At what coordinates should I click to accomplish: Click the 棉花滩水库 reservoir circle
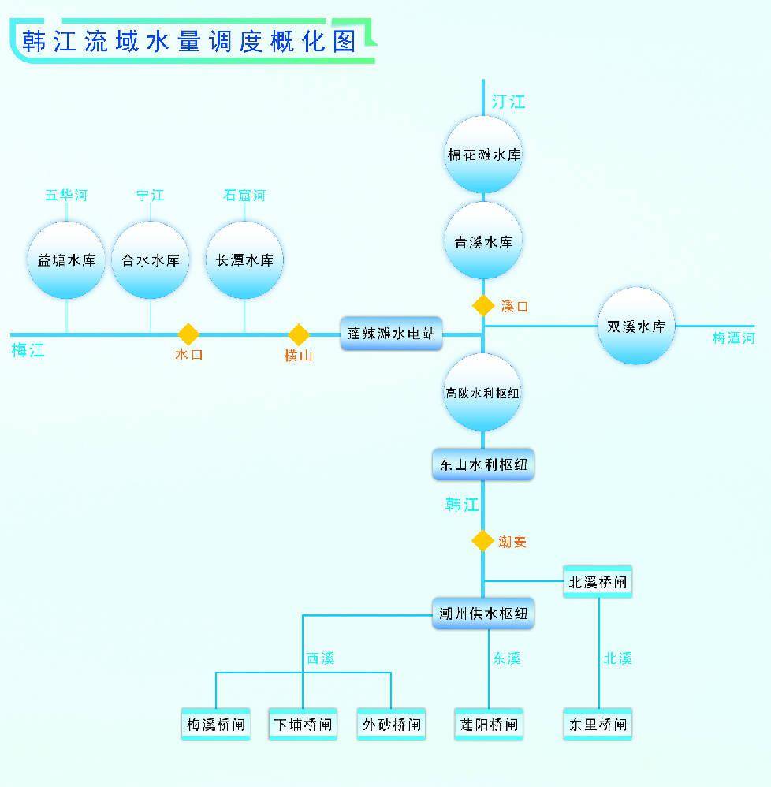click(483, 155)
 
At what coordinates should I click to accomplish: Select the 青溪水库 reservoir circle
click(483, 241)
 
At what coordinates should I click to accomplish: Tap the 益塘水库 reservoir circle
click(66, 259)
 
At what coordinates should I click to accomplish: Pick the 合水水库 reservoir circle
click(150, 259)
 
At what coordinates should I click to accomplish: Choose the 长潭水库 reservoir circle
click(244, 259)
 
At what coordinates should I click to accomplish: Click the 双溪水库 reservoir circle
click(635, 326)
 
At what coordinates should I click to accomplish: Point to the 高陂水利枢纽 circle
click(483, 392)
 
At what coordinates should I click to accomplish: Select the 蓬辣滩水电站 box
click(391, 334)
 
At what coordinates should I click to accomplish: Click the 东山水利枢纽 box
click(483, 464)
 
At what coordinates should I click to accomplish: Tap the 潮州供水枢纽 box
click(483, 614)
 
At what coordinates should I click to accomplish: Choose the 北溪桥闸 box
click(598, 583)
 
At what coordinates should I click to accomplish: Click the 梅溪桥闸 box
click(216, 724)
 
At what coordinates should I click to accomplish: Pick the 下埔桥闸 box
click(303, 724)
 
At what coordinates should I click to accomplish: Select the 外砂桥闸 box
click(391, 724)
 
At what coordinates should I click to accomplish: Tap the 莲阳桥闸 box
click(489, 724)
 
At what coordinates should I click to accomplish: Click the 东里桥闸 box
click(598, 724)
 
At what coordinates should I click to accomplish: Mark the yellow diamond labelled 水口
click(188, 334)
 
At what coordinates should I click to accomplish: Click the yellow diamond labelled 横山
click(299, 334)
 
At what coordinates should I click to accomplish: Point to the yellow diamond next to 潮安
click(483, 541)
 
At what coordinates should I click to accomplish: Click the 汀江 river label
click(508, 102)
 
